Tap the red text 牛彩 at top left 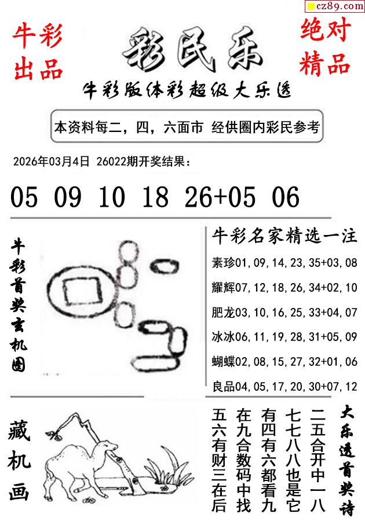37,35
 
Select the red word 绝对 326,30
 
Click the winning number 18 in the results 155,197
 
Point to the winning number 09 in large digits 67,197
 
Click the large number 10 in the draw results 112,197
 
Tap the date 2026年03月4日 52,162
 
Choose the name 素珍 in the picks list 224,262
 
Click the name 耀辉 224,287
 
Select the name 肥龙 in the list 224,313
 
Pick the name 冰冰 224,336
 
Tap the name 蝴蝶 224,361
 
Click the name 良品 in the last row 224,387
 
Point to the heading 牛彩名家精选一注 284,236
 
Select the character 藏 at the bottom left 19,431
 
